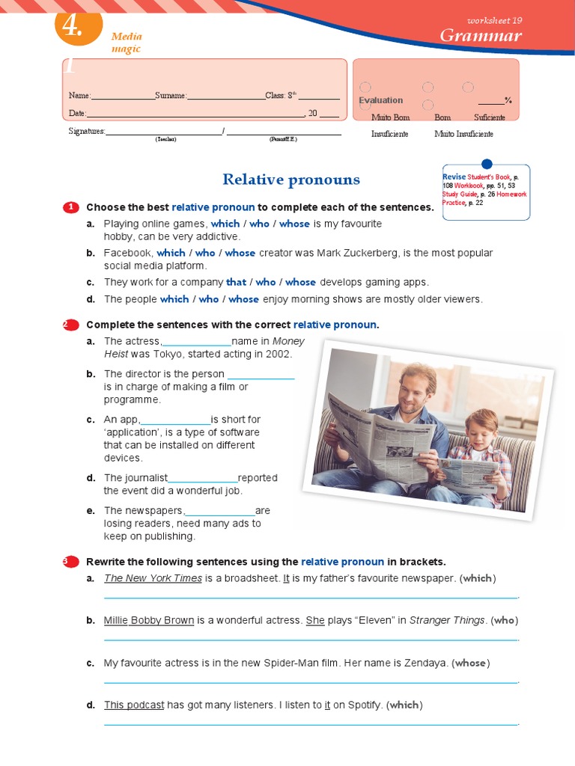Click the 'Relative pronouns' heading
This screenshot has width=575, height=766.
290,180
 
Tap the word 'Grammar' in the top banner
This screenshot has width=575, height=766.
480,36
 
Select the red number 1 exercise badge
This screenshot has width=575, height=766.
70,207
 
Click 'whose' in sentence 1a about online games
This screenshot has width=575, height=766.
294,224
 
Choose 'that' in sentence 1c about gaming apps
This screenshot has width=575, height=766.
236,282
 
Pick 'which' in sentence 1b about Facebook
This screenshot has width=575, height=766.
171,253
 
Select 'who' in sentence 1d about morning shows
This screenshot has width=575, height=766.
209,299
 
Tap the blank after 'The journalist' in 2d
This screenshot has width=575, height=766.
203,479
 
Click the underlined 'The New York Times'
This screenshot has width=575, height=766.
153,578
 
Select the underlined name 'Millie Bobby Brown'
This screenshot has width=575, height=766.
149,620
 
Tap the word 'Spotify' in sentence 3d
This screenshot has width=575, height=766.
362,705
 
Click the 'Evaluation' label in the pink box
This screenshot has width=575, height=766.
380,100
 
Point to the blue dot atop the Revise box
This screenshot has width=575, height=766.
487,164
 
